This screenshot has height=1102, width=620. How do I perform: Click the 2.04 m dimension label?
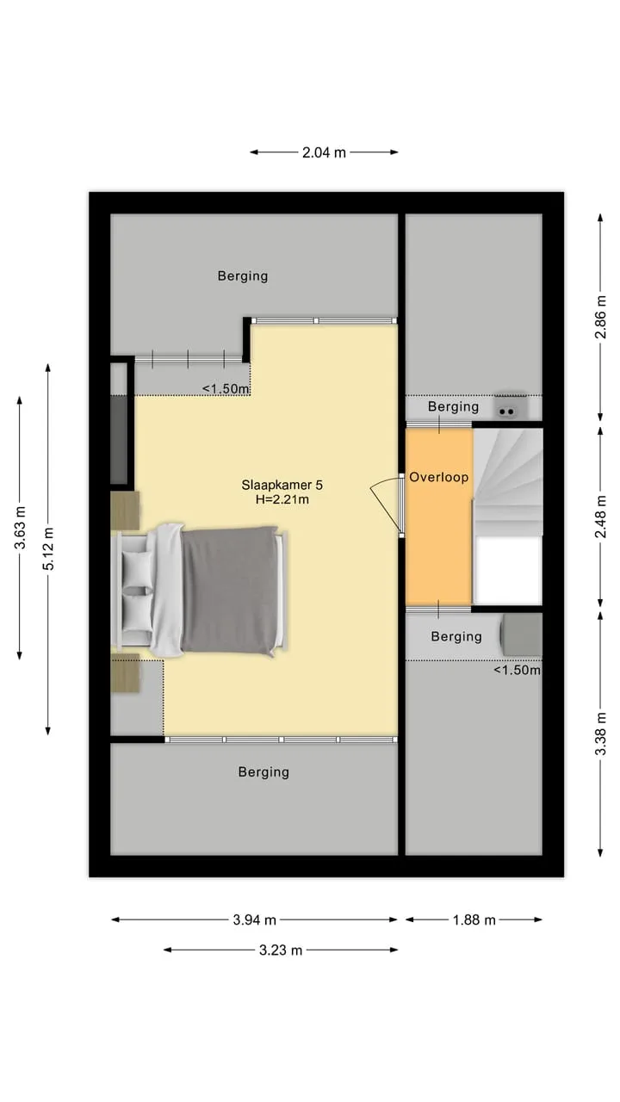click(x=324, y=152)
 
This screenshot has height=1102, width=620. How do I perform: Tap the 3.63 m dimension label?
click(x=20, y=528)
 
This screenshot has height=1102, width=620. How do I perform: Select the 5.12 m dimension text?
click(x=48, y=548)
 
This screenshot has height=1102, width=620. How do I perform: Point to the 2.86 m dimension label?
click(x=600, y=318)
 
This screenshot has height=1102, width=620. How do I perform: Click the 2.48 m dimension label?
click(x=600, y=517)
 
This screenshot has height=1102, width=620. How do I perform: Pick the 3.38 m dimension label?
click(x=600, y=734)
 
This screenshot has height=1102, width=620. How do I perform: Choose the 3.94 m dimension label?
click(x=254, y=920)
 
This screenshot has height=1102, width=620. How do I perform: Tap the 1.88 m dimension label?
click(x=474, y=920)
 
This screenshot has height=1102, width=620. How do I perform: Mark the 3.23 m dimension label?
click(x=281, y=950)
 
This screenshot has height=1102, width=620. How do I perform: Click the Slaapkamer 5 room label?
click(x=282, y=485)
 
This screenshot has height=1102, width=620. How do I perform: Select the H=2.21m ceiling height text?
click(x=282, y=500)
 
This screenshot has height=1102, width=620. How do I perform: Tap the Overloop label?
click(x=439, y=477)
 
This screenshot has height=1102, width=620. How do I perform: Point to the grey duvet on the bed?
click(x=229, y=591)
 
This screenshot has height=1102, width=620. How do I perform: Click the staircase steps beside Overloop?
click(x=508, y=482)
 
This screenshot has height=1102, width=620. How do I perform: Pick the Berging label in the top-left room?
click(x=243, y=276)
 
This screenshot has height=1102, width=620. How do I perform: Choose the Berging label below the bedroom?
click(x=263, y=772)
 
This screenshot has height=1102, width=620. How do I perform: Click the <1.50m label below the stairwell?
click(x=518, y=670)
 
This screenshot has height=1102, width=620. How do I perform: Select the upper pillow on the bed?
click(x=137, y=568)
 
